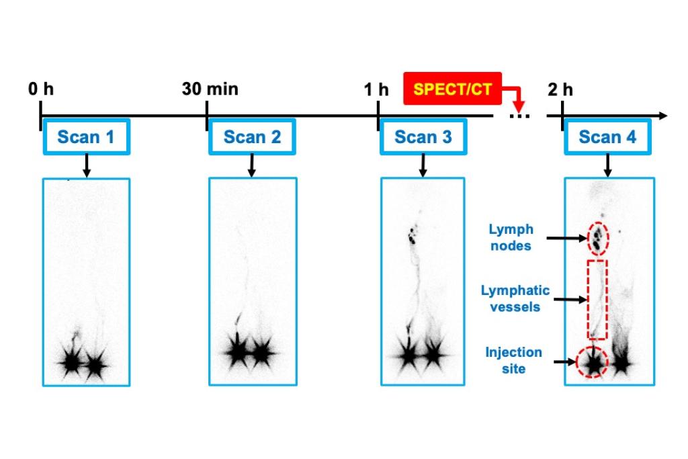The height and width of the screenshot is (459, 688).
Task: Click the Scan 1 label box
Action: click(85, 137)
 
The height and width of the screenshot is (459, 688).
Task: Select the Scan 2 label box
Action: click(252, 137)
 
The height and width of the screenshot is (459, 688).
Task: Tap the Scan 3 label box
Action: click(423, 137)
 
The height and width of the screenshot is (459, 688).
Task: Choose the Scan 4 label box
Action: click(607, 137)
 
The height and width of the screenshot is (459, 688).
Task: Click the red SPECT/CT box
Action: click(452, 89)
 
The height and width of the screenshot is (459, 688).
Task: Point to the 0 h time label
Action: click(41, 89)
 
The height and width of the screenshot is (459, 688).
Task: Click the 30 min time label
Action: click(210, 89)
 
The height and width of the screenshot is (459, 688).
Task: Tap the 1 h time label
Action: click(377, 89)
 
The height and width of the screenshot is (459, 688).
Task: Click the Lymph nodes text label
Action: click(510, 238)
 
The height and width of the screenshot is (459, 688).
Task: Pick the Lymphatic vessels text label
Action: click(515, 298)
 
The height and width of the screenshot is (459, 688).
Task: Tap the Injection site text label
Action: click(513, 360)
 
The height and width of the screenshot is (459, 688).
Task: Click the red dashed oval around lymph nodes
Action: click(597, 237)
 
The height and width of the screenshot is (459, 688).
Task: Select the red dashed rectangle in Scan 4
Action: click(597, 299)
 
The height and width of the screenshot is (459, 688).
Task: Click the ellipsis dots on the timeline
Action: click(519, 117)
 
